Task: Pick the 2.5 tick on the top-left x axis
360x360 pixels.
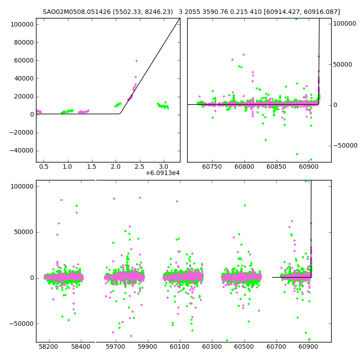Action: click(x=139, y=167)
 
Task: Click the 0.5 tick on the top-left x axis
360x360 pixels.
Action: click(x=44, y=167)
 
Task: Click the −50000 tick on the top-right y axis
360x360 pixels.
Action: click(x=345, y=145)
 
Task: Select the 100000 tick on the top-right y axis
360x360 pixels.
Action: click(x=345, y=23)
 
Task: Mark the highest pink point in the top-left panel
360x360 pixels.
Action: click(x=136, y=61)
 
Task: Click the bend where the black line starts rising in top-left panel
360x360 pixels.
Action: click(x=120, y=113)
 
